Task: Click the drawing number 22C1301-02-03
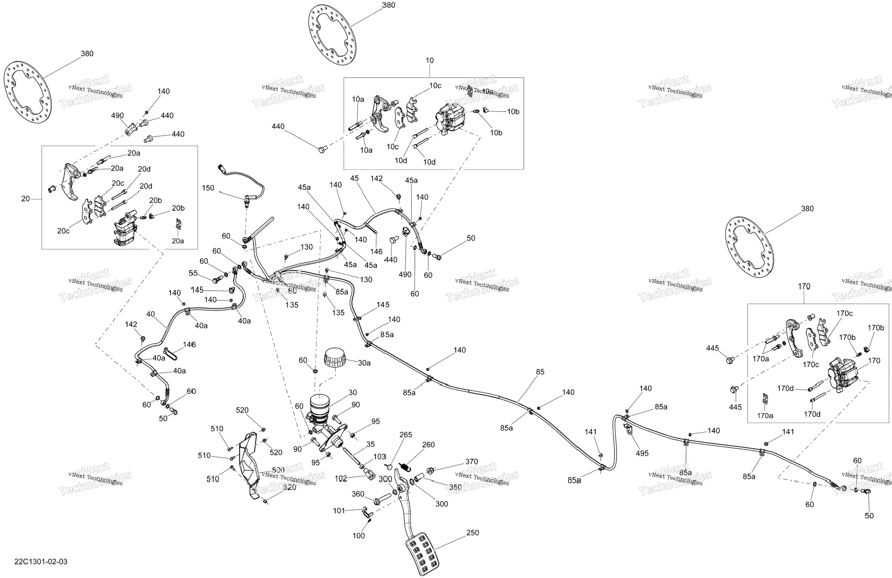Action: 41,562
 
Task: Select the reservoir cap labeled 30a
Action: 335,358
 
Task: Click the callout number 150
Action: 208,188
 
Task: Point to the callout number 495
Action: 642,453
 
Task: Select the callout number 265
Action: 405,435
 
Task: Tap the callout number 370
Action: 472,462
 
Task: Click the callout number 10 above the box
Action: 429,60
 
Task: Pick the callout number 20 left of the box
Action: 25,199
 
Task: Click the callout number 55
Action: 193,273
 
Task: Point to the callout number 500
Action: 278,470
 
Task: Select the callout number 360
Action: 358,494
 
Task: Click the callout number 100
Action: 358,536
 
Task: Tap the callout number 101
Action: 339,510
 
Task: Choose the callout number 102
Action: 341,478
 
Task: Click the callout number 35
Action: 370,444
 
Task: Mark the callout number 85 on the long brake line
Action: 540,372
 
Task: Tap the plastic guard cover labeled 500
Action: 249,465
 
